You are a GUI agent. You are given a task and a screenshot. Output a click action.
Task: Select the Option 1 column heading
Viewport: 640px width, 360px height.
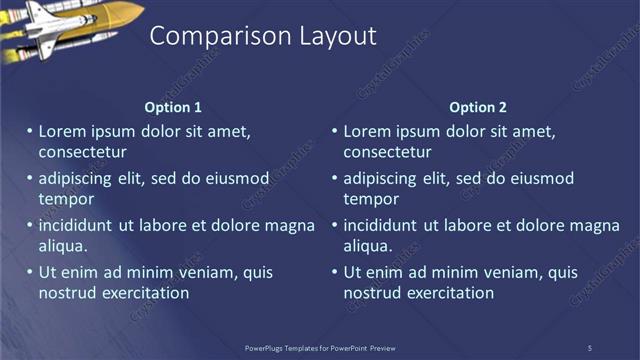tap(173, 107)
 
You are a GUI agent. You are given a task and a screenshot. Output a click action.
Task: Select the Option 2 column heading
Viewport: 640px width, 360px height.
tap(478, 107)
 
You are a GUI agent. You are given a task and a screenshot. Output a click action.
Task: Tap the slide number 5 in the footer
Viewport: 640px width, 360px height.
tap(589, 347)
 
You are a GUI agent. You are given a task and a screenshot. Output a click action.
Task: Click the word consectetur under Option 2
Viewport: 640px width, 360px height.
tap(387, 153)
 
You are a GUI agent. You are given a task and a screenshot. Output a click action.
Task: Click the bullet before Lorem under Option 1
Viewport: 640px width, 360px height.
tap(30, 131)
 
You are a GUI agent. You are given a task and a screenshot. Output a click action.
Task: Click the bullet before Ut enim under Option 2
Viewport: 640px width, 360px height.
tap(335, 272)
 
